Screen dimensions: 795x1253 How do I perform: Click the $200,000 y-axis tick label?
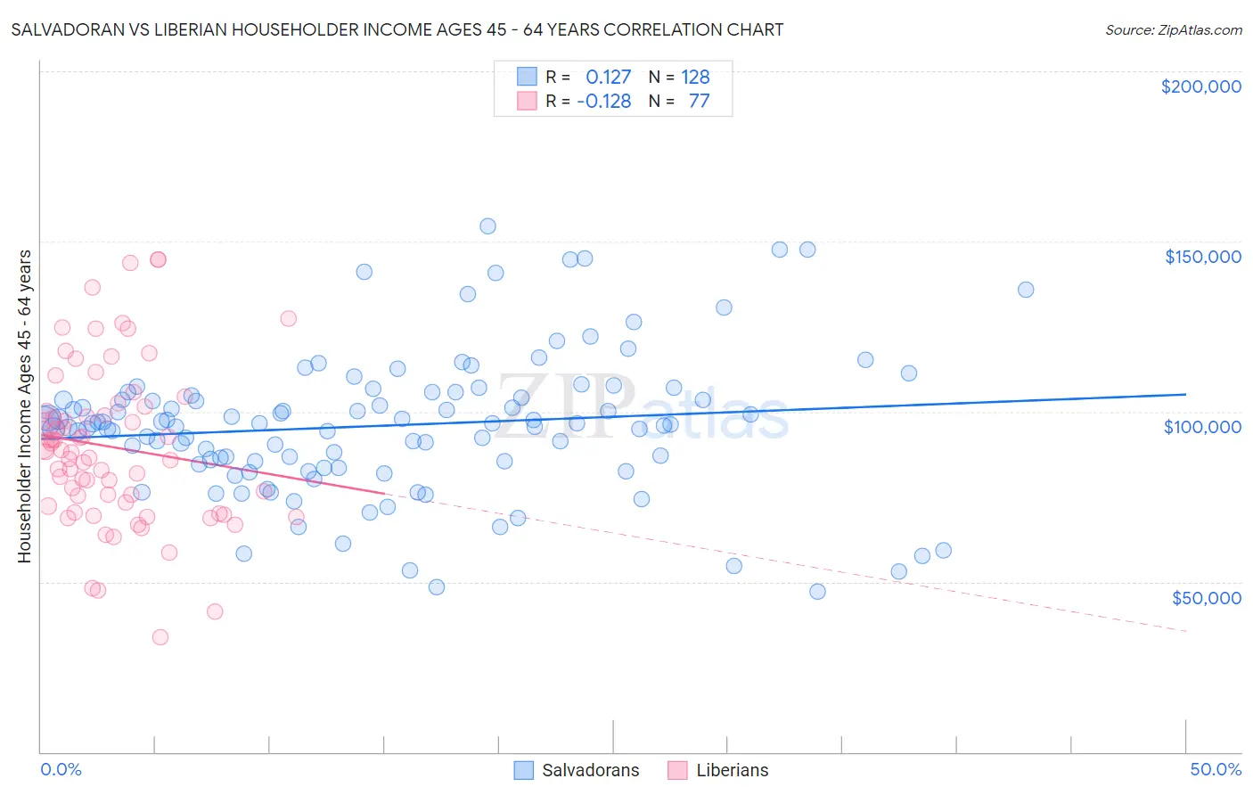click(1200, 86)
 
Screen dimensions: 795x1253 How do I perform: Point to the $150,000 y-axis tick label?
click(1202, 257)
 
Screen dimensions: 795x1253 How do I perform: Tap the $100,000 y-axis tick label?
click(1202, 427)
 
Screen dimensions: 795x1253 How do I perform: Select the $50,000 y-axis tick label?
click(1206, 597)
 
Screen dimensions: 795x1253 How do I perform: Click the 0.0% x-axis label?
click(61, 769)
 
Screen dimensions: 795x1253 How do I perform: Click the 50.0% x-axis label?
click(1216, 769)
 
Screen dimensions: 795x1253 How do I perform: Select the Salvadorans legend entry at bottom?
click(577, 770)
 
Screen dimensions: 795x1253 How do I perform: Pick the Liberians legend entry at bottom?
click(718, 770)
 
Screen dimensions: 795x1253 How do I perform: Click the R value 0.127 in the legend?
click(608, 77)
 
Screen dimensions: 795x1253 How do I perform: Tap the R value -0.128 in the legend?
click(604, 101)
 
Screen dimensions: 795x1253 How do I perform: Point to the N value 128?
click(695, 77)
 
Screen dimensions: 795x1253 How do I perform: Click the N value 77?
click(699, 101)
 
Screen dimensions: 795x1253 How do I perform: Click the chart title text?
click(397, 29)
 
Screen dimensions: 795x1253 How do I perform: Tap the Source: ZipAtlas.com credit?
click(1173, 29)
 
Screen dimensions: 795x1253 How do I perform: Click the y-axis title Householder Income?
click(24, 406)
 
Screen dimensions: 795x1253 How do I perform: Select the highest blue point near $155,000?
click(487, 226)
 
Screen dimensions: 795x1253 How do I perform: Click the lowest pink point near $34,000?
click(160, 637)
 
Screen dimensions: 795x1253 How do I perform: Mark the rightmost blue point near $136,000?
click(1026, 290)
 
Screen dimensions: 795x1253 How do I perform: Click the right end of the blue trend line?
click(1185, 394)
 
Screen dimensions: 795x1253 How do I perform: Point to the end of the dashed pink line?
click(1185, 631)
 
